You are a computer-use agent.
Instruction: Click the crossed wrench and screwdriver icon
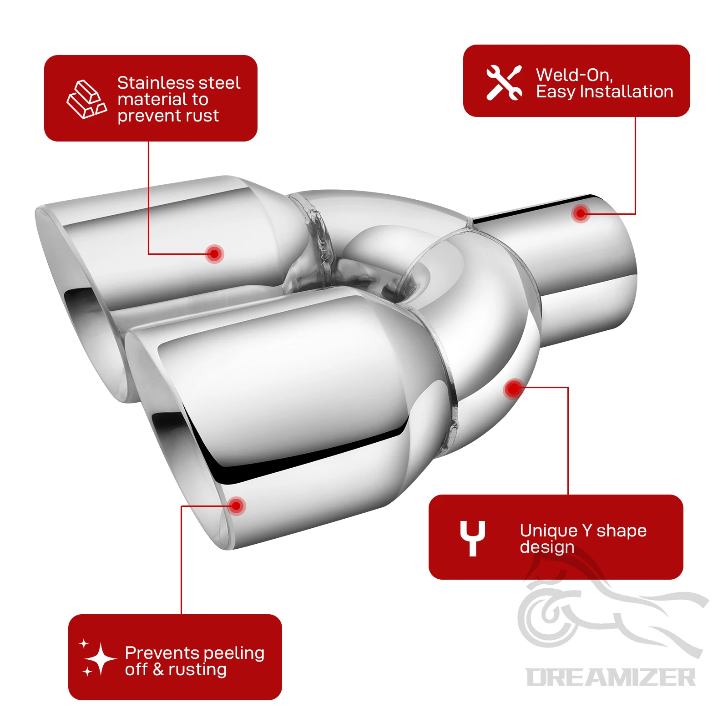click(x=504, y=82)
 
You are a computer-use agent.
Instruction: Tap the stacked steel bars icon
click(x=87, y=99)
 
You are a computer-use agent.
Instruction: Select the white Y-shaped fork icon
click(x=472, y=538)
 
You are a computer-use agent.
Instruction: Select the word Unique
click(x=549, y=531)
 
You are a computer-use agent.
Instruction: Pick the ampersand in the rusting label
click(x=158, y=669)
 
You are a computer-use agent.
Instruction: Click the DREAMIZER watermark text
click(x=611, y=677)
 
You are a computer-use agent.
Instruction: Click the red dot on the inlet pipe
click(x=581, y=213)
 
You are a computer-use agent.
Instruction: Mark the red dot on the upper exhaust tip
click(x=214, y=253)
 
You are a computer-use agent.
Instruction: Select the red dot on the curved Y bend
click(x=514, y=389)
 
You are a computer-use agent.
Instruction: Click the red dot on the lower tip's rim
click(x=236, y=506)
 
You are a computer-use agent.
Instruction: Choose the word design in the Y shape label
click(x=547, y=547)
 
